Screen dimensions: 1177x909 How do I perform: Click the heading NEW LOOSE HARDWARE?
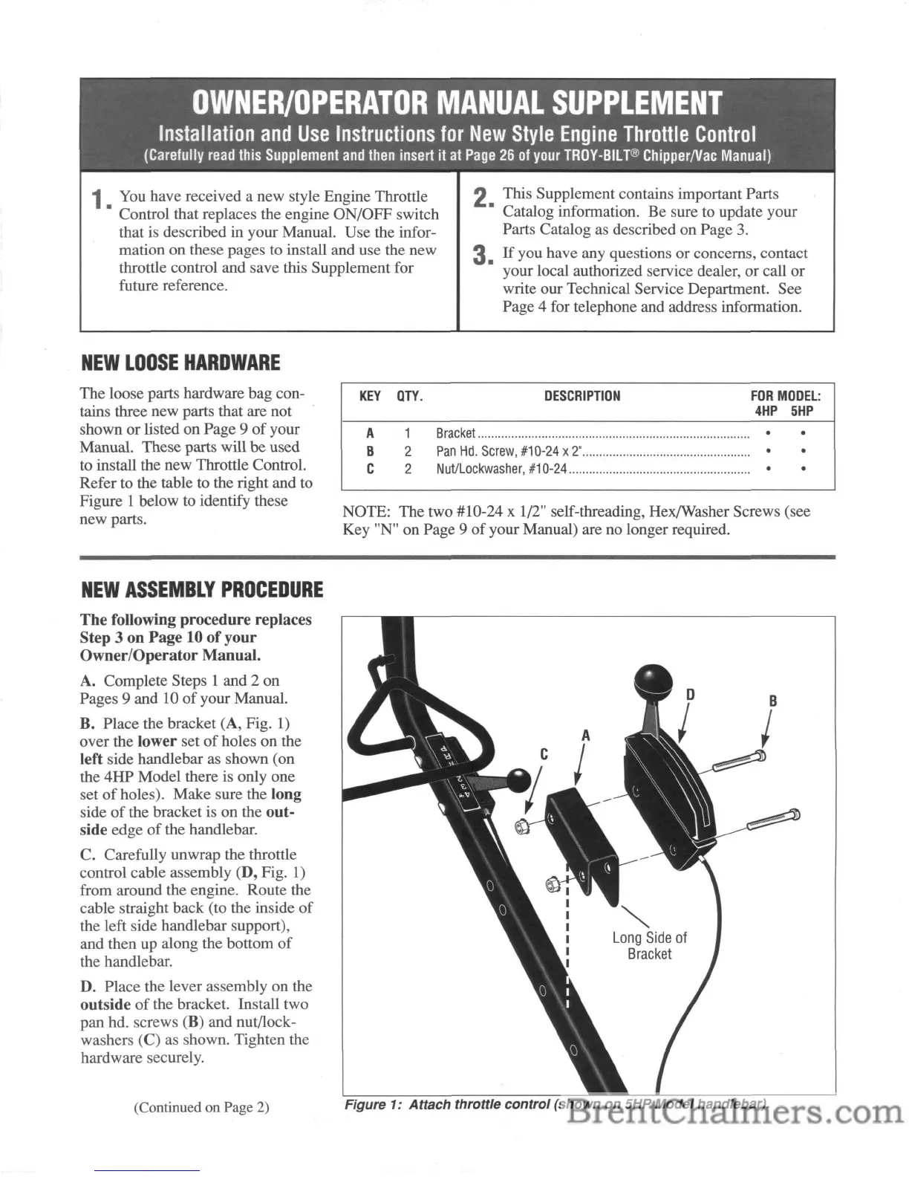pyautogui.click(x=180, y=363)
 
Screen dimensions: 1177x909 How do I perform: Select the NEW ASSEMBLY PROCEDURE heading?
pyautogui.click(x=201, y=591)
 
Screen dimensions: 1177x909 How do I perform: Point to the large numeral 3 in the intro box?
pyautogui.click(x=483, y=256)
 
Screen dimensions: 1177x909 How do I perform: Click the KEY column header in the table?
pyautogui.click(x=370, y=396)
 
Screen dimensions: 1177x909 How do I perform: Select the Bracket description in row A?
pyautogui.click(x=455, y=433)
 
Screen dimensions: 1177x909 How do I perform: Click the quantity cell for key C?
pyautogui.click(x=408, y=469)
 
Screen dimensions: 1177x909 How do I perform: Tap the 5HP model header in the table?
pyautogui.click(x=802, y=411)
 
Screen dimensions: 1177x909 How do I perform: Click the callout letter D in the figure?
pyautogui.click(x=691, y=695)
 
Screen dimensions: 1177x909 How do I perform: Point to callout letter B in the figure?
pyautogui.click(x=773, y=701)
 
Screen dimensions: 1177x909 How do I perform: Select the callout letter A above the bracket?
pyautogui.click(x=586, y=736)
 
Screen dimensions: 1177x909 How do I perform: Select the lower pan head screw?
pyautogui.click(x=772, y=820)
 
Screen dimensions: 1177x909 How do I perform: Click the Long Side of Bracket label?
pyautogui.click(x=649, y=946)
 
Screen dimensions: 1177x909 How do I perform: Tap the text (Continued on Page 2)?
pyautogui.click(x=201, y=1107)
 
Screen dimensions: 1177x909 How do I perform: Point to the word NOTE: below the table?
pyautogui.click(x=366, y=512)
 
